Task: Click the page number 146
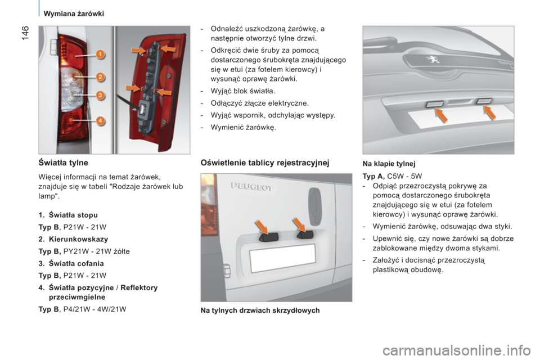(x=26, y=33)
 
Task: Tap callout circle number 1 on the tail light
(x=100, y=55)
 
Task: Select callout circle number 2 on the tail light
(x=100, y=77)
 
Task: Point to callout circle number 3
(x=100, y=94)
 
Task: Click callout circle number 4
(x=100, y=120)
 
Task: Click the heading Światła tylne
(x=64, y=163)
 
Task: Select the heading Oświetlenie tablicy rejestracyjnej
(x=265, y=163)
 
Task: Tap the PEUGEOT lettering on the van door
(x=251, y=187)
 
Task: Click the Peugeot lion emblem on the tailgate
(x=433, y=60)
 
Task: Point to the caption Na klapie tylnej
(x=389, y=164)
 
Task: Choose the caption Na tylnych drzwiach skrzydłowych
(x=260, y=310)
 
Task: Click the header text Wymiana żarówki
(x=74, y=13)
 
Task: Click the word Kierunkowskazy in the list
(x=79, y=239)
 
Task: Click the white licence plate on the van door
(x=282, y=258)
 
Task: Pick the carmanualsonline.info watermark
(x=457, y=351)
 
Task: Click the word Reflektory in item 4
(x=139, y=287)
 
